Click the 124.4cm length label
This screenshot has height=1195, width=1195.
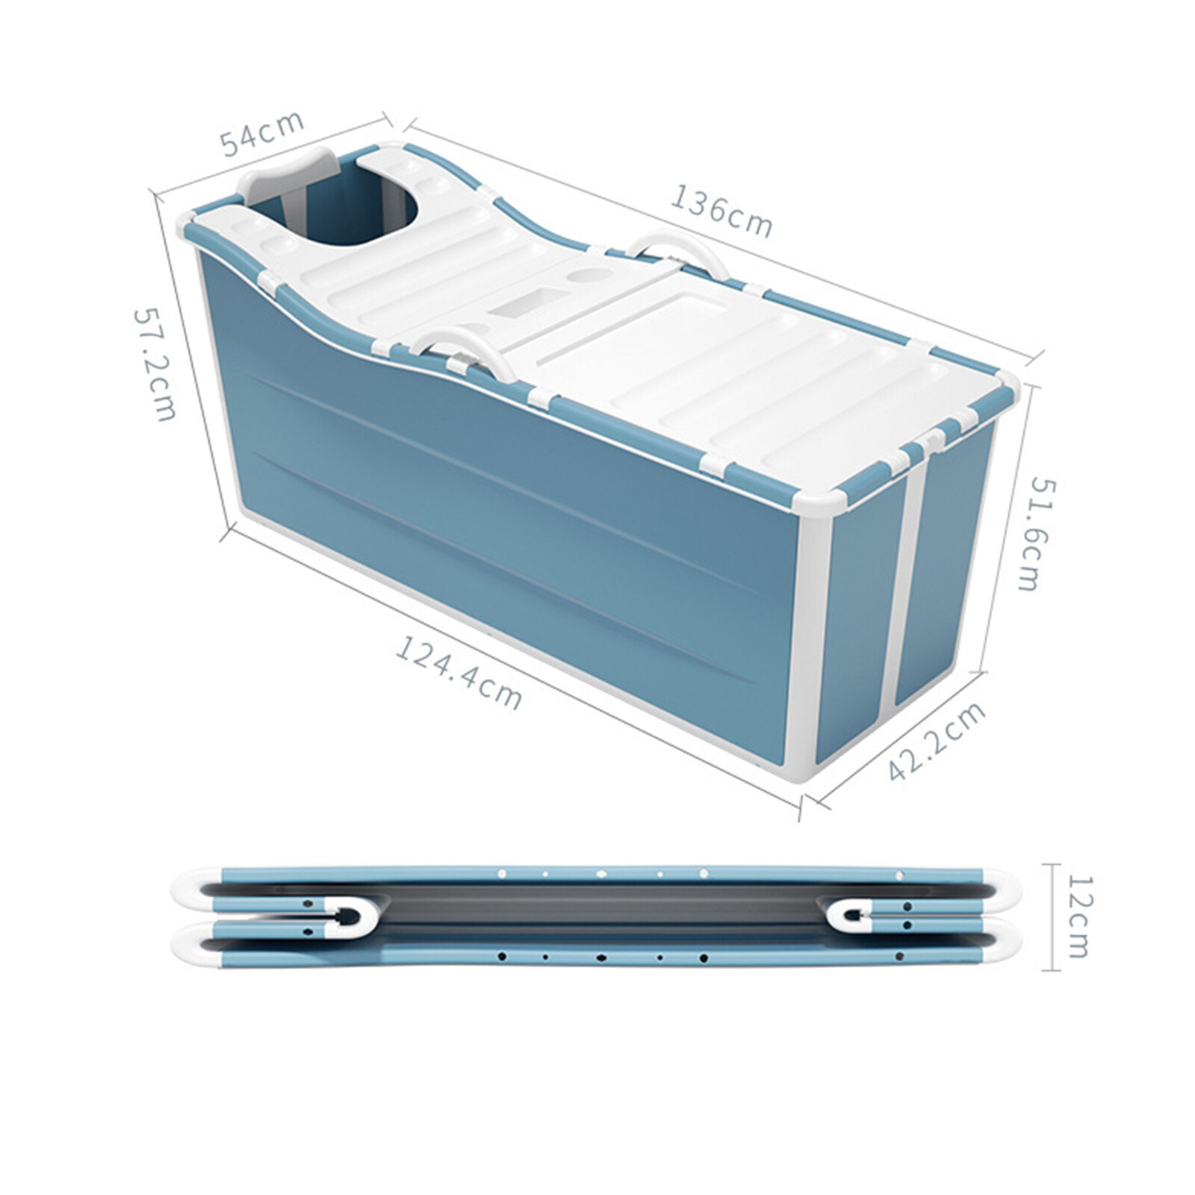point(458,672)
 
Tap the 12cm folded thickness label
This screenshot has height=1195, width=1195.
point(1078,916)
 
